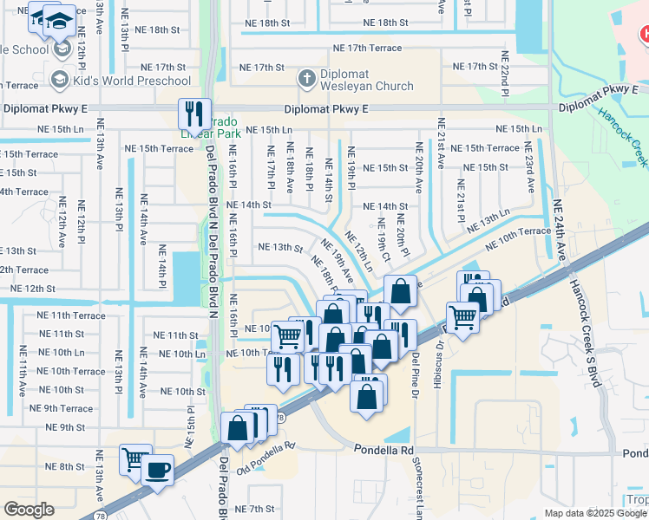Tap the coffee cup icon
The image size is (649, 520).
click(x=157, y=470)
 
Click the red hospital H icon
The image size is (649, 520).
click(x=644, y=36)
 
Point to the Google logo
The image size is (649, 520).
click(x=29, y=509)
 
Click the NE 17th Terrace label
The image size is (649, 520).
click(x=368, y=48)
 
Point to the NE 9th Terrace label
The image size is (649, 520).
click(x=62, y=408)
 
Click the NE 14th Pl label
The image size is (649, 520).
click(x=162, y=264)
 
